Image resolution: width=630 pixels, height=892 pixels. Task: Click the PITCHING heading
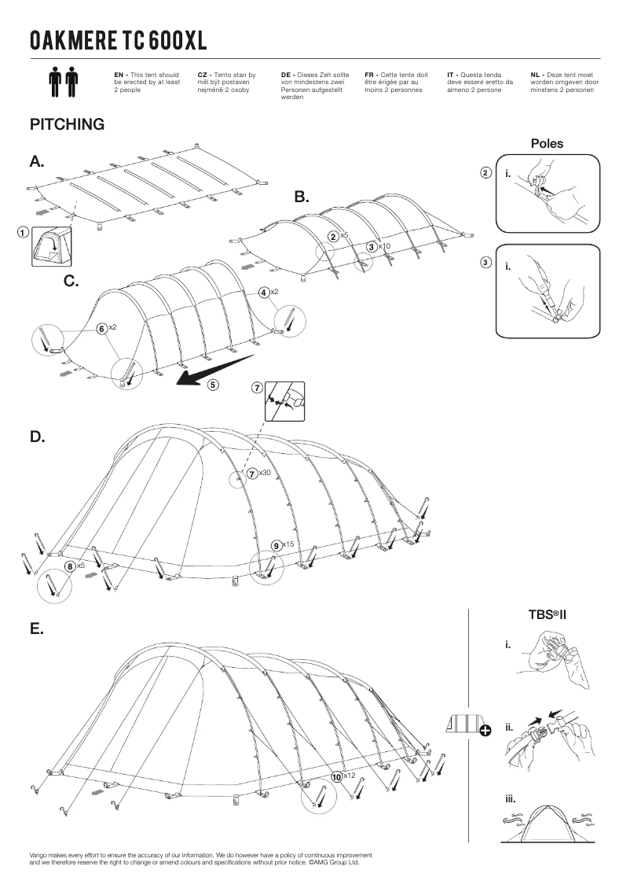point(67,124)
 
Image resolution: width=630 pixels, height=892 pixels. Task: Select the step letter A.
point(37,162)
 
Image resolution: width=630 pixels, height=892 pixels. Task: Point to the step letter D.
point(37,436)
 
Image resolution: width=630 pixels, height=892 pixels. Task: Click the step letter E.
point(36,629)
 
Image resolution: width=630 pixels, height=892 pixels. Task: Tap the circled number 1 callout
point(23,233)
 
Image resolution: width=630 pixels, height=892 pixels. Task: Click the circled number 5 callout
point(214,385)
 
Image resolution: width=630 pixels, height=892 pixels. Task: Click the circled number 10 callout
point(337,776)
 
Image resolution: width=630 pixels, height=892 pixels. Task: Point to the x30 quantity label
point(265,473)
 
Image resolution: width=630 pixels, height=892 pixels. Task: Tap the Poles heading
point(547,144)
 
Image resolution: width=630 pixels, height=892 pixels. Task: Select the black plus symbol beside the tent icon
point(485,731)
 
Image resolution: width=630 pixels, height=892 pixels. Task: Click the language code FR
point(370,74)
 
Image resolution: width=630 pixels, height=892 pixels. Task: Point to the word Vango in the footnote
point(38,854)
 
